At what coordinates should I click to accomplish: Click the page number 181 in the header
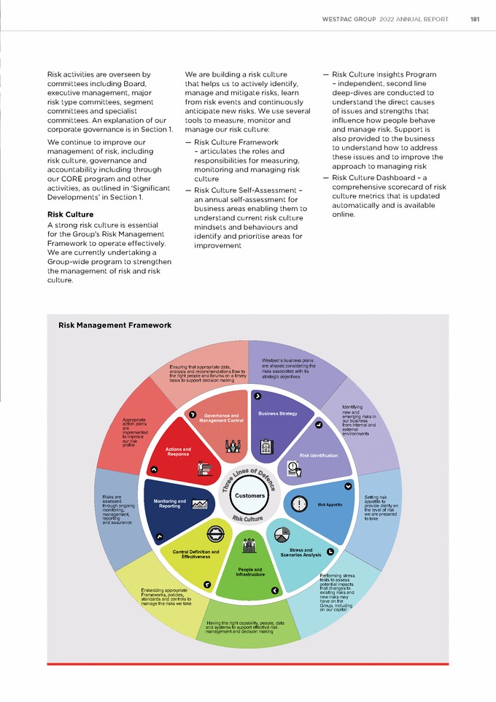475,19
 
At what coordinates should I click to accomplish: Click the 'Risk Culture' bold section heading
70,215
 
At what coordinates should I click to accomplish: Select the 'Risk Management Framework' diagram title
115,325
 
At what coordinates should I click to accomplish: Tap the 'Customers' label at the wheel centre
250,495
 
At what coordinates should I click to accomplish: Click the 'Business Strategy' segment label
278,414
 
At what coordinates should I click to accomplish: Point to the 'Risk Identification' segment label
319,455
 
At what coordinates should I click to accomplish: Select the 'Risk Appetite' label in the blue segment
330,504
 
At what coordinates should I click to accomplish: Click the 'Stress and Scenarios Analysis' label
301,552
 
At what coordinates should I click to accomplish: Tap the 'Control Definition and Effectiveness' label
195,554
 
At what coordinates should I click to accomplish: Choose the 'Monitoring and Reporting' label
170,504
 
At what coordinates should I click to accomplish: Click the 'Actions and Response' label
178,452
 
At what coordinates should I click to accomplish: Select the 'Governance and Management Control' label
221,418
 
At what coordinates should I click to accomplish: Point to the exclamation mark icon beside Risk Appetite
299,504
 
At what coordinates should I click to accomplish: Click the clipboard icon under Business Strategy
267,445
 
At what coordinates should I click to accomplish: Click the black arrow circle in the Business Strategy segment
257,396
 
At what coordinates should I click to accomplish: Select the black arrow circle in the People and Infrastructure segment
274,590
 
